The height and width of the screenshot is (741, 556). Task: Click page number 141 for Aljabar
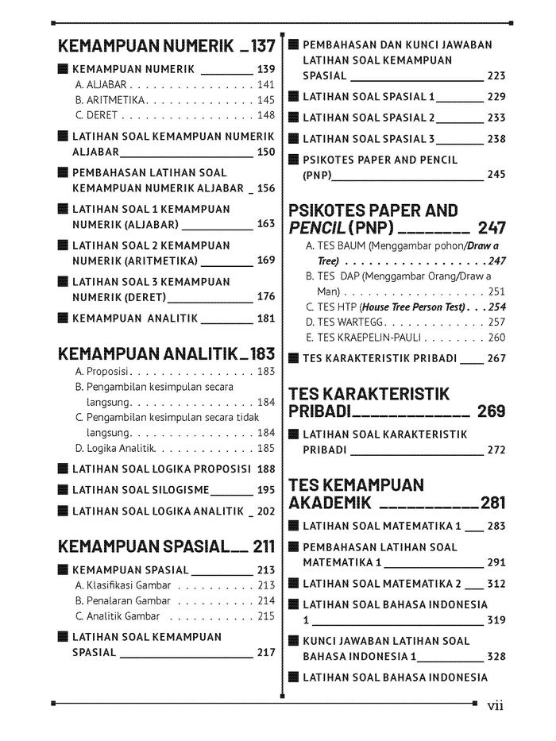(x=266, y=84)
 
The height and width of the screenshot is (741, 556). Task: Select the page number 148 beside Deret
(x=266, y=115)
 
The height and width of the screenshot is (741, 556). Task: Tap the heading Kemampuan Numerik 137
(x=167, y=45)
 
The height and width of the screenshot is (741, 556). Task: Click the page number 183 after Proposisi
(x=266, y=371)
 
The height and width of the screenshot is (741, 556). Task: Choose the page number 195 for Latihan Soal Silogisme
(x=266, y=490)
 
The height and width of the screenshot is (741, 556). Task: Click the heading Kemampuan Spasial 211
(x=167, y=546)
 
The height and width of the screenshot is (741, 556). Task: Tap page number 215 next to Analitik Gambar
(x=266, y=616)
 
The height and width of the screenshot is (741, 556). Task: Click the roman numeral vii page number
(x=496, y=705)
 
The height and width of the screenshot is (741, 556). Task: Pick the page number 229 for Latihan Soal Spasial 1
(x=496, y=96)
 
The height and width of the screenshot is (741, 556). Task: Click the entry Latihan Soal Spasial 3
(x=369, y=138)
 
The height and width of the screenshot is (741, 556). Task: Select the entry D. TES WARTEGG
(x=345, y=322)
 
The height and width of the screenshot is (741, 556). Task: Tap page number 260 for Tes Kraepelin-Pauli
(x=496, y=338)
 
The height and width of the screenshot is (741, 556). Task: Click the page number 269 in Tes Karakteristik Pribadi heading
(x=492, y=411)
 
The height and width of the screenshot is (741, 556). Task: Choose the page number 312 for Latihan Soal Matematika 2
(x=496, y=584)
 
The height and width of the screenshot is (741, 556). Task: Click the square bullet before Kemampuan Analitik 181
(x=63, y=318)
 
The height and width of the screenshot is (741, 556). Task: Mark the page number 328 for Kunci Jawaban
(x=496, y=657)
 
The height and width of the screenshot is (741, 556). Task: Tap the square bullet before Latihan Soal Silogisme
(x=63, y=490)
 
